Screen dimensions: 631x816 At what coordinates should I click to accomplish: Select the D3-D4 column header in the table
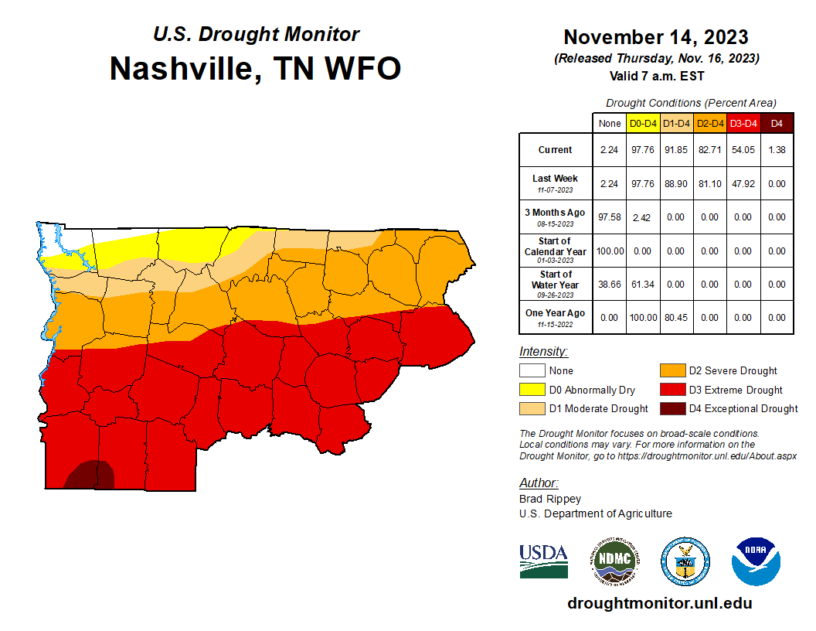tap(742, 123)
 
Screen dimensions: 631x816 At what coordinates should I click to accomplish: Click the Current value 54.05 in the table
tap(742, 150)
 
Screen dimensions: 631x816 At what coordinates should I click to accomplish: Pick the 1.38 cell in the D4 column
tap(777, 150)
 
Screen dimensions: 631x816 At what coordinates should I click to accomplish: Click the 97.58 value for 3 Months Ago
tap(610, 217)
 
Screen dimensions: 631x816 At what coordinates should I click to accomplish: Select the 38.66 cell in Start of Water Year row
tap(610, 285)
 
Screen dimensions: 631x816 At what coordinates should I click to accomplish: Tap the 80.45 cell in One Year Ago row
tap(675, 317)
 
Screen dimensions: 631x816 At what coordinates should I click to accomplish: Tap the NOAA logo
tap(756, 561)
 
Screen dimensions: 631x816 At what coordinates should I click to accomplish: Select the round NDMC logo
tap(615, 561)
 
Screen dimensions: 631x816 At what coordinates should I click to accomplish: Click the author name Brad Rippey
tap(550, 499)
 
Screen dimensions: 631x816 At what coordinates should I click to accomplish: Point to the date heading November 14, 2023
tap(655, 37)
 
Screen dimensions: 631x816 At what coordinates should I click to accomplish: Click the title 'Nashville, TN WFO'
tap(255, 68)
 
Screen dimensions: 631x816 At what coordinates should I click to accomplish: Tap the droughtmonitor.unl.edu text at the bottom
tap(659, 603)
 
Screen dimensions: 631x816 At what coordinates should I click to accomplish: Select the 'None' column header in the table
tap(610, 123)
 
